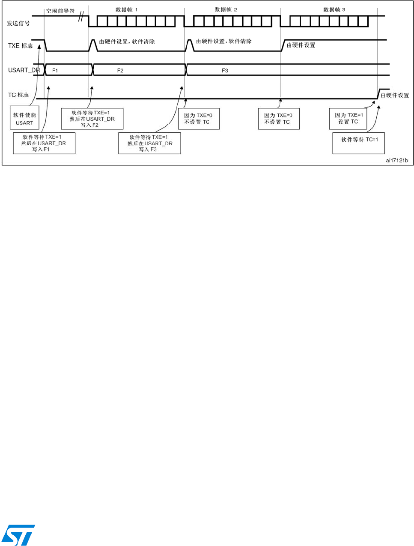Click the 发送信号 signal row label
coord(18,23)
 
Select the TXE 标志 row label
coord(20,45)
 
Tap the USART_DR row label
coord(24,70)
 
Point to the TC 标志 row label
coord(18,95)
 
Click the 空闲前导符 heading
coord(60,11)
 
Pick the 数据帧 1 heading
coord(127,9)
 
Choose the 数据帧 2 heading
coord(226,9)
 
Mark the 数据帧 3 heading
coord(334,9)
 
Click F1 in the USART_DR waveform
coord(55,70)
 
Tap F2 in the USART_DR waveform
coord(120,70)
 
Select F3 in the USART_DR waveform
coord(225,70)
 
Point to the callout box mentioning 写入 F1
coord(44,143)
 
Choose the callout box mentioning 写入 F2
coord(92,119)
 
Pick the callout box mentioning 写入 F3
coord(149,143)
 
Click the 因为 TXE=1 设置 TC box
coord(348,119)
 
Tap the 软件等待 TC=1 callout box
coord(359,143)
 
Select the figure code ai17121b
coord(397,161)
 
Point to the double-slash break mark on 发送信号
coord(80,18)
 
